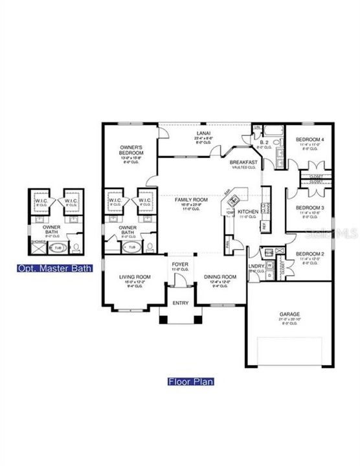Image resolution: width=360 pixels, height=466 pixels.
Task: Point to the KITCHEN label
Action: (x=249, y=212)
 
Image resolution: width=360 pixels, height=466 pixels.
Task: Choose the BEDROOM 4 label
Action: (x=308, y=140)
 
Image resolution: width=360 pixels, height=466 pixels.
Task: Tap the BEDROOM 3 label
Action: (x=308, y=208)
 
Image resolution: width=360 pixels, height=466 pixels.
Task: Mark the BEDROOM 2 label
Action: (x=308, y=254)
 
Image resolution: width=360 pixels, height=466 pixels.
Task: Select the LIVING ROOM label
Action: (x=135, y=277)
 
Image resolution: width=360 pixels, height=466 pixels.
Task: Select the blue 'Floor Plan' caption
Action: (x=191, y=381)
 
